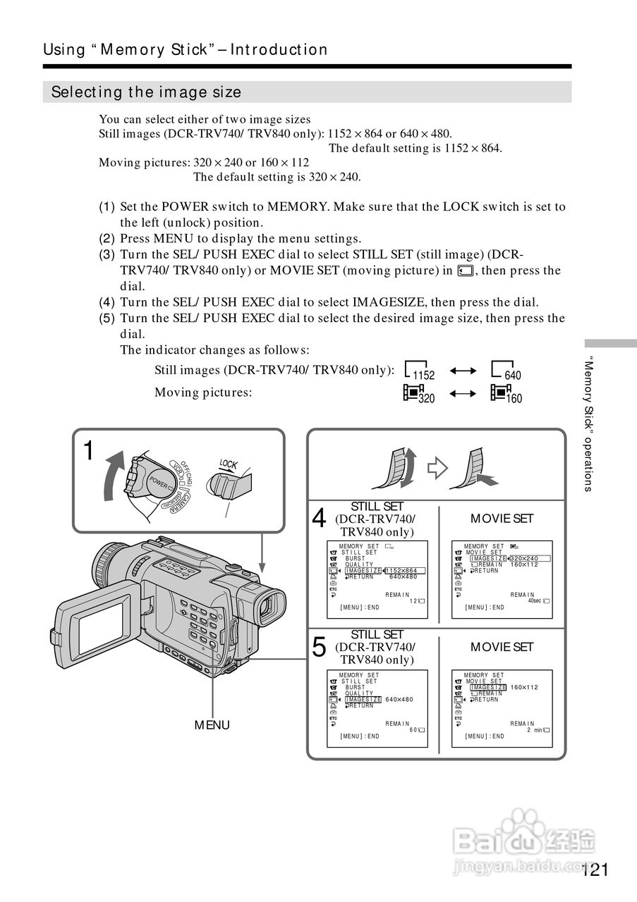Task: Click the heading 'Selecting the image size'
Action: (146, 92)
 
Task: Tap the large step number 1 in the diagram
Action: (89, 451)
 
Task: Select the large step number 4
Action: (319, 519)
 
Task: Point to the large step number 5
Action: (319, 647)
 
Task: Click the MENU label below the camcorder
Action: (212, 725)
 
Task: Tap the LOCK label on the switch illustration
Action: (228, 464)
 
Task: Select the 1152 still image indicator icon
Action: (420, 371)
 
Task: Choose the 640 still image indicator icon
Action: (506, 371)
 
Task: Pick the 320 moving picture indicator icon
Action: (419, 394)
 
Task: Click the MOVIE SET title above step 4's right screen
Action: (502, 519)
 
